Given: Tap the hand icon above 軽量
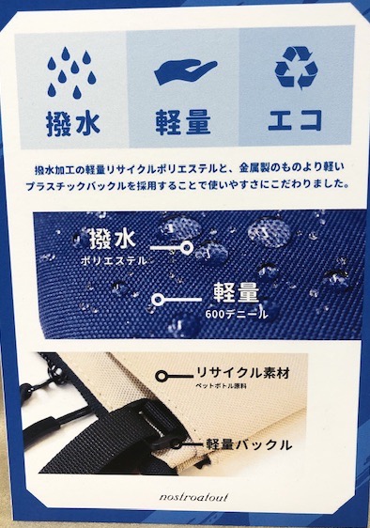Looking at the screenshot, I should [x=184, y=69].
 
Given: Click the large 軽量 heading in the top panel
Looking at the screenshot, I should [x=184, y=123].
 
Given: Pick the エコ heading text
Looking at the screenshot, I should [x=297, y=123].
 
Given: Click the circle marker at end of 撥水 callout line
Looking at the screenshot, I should [x=187, y=250].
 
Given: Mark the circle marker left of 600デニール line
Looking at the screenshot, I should [x=157, y=301].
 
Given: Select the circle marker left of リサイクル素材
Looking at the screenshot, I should [x=163, y=377].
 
